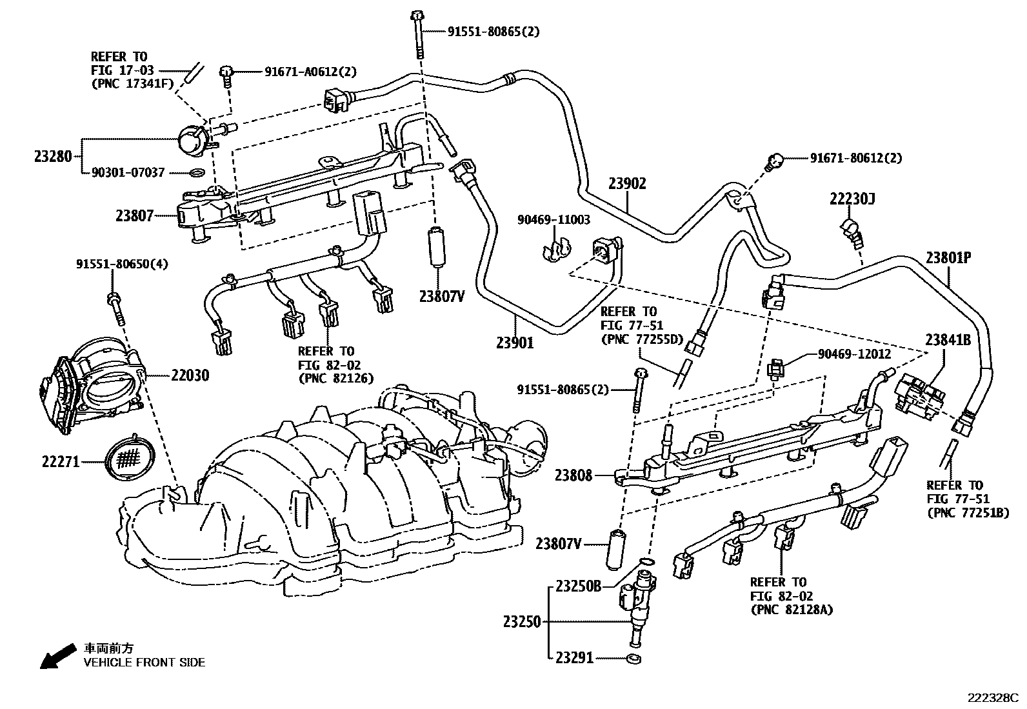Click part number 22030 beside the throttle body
(190, 375)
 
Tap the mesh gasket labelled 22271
(130, 458)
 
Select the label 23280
(53, 157)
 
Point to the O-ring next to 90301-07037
(197, 173)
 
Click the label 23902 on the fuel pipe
(627, 183)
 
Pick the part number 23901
(515, 343)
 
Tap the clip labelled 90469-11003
(556, 251)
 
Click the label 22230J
(852, 199)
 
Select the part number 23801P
(948, 258)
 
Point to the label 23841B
(948, 340)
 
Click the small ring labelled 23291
(633, 659)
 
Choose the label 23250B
(578, 586)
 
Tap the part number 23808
(573, 475)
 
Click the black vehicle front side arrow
(58, 656)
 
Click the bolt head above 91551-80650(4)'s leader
(114, 299)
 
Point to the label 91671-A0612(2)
(310, 72)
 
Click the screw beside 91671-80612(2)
(774, 161)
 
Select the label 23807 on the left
(134, 215)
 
